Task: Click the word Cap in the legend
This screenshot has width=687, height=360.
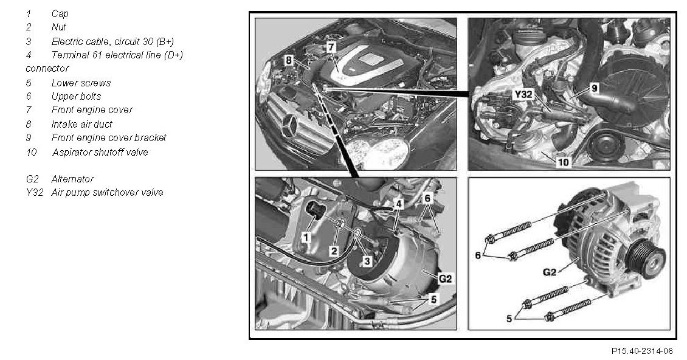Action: [60, 14]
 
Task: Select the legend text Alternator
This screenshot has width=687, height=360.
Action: [72, 179]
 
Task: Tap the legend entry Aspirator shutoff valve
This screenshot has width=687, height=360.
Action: [100, 152]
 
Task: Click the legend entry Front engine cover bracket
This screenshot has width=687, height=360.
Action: [109, 137]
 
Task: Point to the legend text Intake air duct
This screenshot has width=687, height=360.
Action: [82, 124]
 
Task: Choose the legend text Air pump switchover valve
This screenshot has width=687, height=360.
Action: [108, 193]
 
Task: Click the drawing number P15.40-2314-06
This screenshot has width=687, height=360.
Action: [642, 351]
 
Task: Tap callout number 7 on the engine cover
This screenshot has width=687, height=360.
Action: [331, 46]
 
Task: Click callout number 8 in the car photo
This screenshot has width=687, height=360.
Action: [288, 61]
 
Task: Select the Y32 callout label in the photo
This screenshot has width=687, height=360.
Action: [523, 94]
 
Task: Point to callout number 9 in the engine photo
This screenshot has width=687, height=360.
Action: [594, 88]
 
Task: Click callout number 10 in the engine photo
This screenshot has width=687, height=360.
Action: [564, 162]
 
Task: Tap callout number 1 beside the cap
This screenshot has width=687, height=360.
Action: [306, 237]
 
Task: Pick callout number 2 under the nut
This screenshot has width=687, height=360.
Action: [334, 251]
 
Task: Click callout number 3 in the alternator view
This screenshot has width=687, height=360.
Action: [367, 261]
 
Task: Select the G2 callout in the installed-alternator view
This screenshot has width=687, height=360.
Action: [445, 279]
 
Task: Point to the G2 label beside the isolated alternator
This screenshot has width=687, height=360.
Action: [550, 272]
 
